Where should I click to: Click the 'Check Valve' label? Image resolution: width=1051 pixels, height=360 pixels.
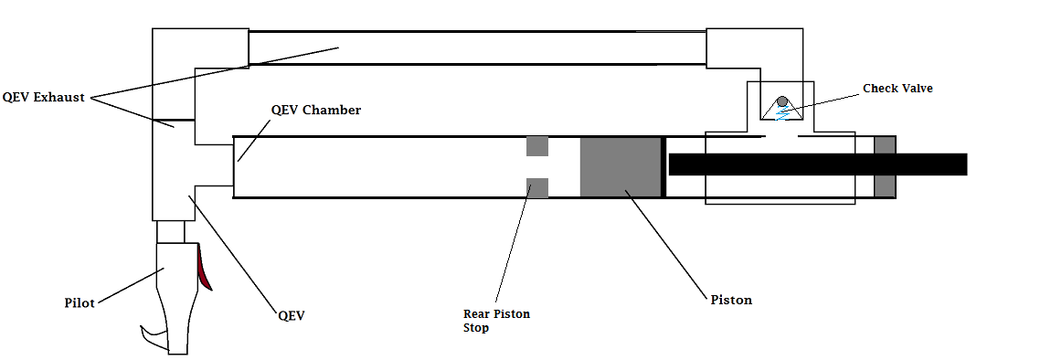pos(898,89)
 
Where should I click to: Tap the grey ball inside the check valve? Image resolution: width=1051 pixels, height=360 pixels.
pos(782,102)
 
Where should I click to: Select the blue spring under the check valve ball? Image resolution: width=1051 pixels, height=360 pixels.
pos(782,115)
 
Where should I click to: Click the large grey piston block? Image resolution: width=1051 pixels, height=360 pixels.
pos(621,166)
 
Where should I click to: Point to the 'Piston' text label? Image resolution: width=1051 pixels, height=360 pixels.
pos(731,300)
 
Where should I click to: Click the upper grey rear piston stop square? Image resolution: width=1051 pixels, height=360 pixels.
pos(536,146)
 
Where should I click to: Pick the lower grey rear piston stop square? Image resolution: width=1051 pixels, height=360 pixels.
pos(536,187)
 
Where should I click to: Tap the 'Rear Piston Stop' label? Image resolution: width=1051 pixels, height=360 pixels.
pos(496,321)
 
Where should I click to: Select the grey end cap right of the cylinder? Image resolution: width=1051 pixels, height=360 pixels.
pos(885,166)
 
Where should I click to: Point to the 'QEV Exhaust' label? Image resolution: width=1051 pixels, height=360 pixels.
pos(44,97)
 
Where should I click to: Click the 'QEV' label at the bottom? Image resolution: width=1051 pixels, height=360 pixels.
pos(291,314)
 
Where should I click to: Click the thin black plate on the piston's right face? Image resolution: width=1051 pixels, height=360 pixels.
pos(664,166)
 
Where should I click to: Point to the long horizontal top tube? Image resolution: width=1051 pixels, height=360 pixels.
pos(475,46)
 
